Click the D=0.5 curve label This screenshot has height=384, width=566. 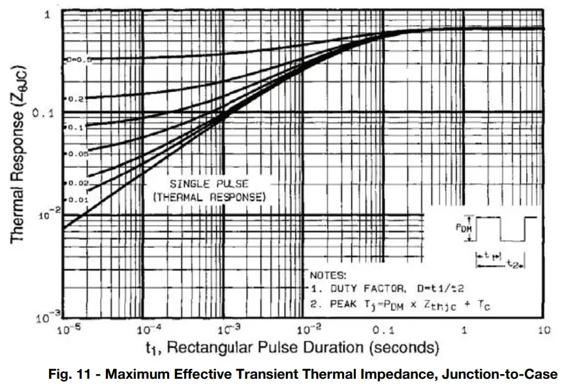pos(82,59)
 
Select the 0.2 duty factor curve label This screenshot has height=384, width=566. pos(77,99)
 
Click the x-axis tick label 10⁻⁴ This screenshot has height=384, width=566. pos(149,328)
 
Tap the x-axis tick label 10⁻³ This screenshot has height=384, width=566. pos(226,328)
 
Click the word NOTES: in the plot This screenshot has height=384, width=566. pos(328,275)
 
